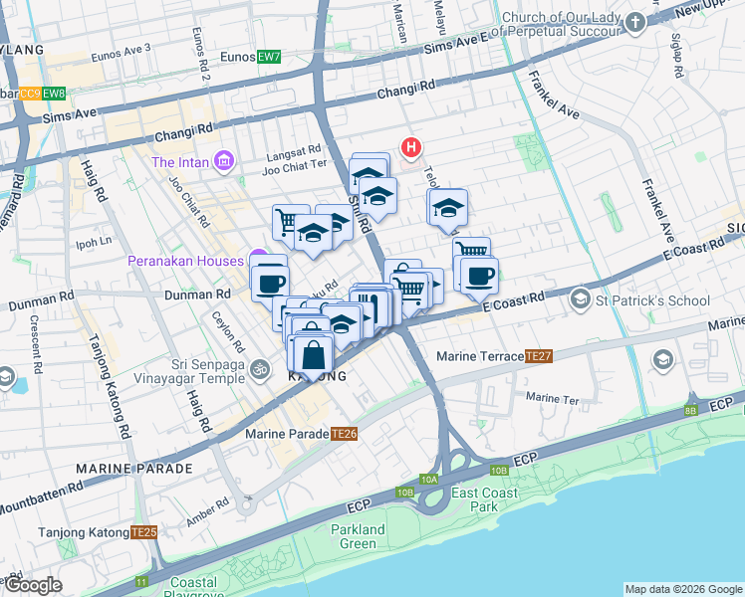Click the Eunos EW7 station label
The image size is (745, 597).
254,57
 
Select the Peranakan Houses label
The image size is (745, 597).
185,261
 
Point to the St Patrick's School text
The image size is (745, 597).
653,300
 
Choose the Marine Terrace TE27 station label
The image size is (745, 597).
495,356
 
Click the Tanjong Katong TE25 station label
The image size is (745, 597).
98,532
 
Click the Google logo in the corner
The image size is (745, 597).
33,585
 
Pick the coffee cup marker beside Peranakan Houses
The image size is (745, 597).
268,282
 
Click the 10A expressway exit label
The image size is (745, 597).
428,480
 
